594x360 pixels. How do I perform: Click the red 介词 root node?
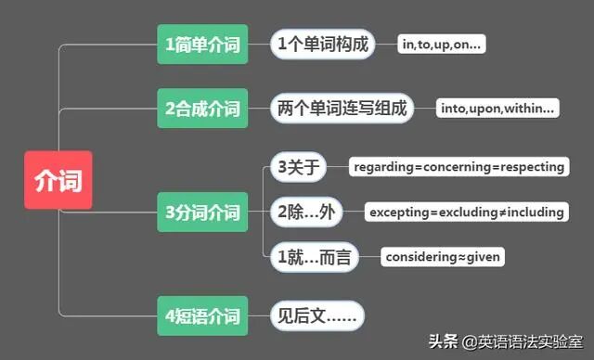58,178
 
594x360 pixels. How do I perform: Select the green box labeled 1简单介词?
201,44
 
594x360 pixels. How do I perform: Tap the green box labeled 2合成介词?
201,109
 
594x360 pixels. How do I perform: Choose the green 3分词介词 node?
201,212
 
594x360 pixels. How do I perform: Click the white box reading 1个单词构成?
322,44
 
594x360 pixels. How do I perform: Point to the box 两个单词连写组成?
342,109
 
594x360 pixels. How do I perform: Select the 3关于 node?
298,167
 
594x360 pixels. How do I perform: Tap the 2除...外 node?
305,212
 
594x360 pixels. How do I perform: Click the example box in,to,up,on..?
443,44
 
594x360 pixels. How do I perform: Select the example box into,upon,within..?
498,109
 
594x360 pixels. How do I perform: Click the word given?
483,257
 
